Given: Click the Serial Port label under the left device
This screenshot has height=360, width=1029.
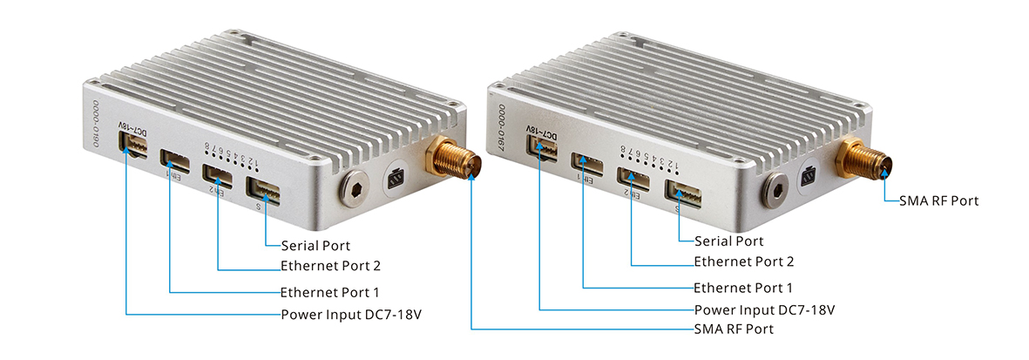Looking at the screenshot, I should (315, 247).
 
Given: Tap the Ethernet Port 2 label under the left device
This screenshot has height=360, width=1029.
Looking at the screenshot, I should (330, 266).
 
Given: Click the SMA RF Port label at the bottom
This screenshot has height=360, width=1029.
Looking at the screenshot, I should (734, 329).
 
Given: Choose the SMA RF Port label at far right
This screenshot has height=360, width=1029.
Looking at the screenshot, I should (939, 200).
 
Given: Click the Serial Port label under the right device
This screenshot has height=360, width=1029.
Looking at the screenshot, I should (728, 241).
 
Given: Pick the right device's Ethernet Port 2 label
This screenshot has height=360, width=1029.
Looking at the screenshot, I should (743, 261).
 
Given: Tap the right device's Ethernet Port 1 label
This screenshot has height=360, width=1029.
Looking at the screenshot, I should (743, 288).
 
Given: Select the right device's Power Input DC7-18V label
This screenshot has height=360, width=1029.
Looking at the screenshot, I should (765, 309).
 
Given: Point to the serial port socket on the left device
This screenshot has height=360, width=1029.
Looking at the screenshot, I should (263, 189).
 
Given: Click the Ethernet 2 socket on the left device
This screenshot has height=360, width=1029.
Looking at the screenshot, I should (217, 175).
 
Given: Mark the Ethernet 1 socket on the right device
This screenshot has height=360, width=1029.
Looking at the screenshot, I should (588, 164).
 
